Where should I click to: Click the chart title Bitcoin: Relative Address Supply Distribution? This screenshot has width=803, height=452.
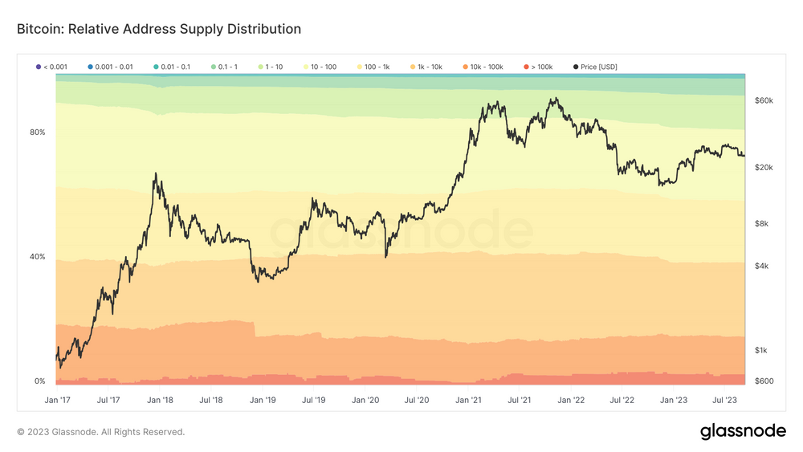click(x=159, y=29)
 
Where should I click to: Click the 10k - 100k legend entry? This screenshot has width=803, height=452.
click(x=487, y=67)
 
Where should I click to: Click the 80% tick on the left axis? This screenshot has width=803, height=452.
click(x=38, y=132)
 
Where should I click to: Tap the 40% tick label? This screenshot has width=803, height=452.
click(x=38, y=257)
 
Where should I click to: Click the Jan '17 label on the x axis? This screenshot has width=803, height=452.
click(x=57, y=399)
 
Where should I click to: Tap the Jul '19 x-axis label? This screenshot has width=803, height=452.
click(x=314, y=399)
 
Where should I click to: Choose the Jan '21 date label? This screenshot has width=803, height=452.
click(x=467, y=399)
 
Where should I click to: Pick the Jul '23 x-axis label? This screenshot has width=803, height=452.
click(x=725, y=399)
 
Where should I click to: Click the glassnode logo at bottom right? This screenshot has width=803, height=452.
click(x=743, y=431)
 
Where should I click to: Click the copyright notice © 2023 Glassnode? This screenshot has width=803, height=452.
click(x=100, y=432)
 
